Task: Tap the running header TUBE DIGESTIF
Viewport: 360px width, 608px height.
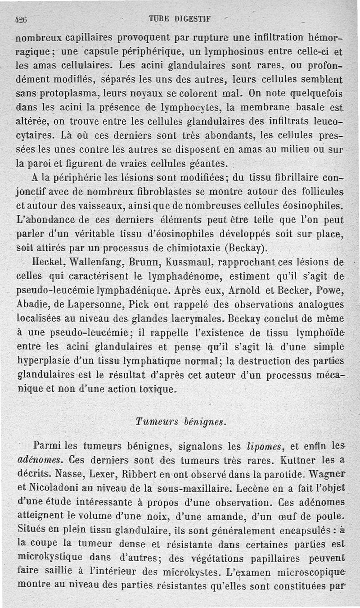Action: (180, 19)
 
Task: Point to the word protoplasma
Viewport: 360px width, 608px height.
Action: (72, 95)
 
